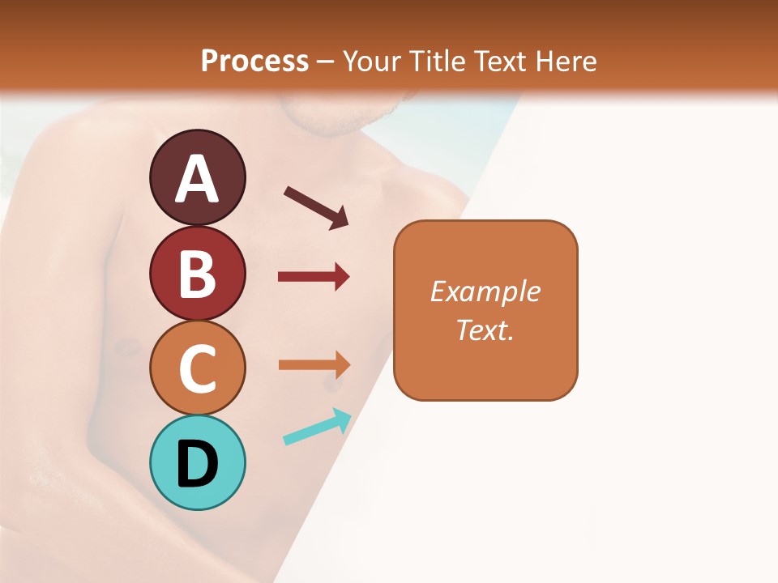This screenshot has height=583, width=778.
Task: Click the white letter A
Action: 197,180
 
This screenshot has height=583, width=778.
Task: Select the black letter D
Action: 197,464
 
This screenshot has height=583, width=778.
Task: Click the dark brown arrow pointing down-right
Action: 316,207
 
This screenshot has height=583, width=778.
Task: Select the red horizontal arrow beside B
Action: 314,277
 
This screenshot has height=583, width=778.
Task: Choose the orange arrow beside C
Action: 314,364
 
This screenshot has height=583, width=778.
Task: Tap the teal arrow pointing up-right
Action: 317,428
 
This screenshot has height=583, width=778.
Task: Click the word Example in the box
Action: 485,291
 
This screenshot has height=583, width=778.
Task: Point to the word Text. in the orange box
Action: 485,330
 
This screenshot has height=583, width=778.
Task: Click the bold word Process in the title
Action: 254,61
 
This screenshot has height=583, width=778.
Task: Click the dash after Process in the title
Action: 325,62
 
